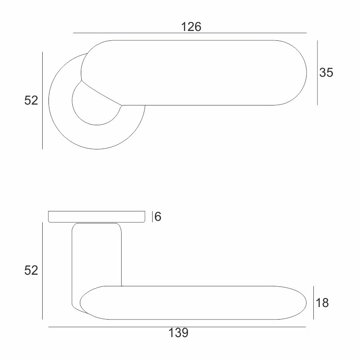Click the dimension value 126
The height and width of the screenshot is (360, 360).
pyautogui.click(x=191, y=26)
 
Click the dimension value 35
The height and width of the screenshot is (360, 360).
pyautogui.click(x=326, y=72)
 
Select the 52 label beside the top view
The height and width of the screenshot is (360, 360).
pyautogui.click(x=31, y=101)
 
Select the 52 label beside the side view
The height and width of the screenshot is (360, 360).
pyautogui.click(x=31, y=270)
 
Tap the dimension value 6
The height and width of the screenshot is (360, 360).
pyautogui.click(x=158, y=216)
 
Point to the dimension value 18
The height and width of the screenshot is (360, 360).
pyautogui.click(x=322, y=303)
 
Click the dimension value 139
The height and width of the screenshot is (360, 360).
pyautogui.click(x=178, y=333)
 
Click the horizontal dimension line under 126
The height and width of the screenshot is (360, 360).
pyautogui.click(x=190, y=33)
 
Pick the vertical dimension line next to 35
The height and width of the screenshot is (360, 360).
pyautogui.click(x=317, y=73)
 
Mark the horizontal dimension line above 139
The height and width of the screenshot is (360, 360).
pyautogui.click(x=177, y=327)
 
